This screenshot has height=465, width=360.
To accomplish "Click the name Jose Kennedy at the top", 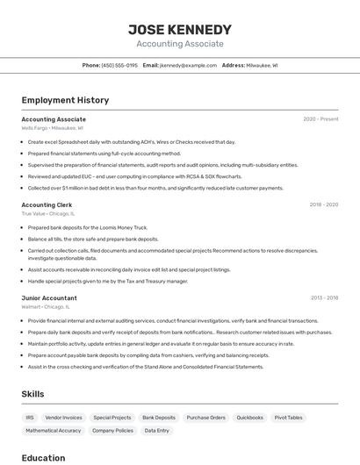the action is pyautogui.click(x=179, y=29).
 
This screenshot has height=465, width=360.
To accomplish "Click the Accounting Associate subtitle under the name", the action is pyautogui.click(x=179, y=44).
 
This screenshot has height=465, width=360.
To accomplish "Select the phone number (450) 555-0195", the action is pyautogui.click(x=119, y=66).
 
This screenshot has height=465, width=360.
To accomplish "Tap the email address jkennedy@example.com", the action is pyautogui.click(x=188, y=66).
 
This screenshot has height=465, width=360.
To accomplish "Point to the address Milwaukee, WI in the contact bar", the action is pyautogui.click(x=262, y=66).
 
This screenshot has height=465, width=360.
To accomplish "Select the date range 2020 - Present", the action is pyautogui.click(x=320, y=118).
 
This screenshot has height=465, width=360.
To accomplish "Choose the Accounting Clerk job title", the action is pyautogui.click(x=47, y=204).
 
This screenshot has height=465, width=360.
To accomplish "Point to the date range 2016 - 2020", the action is pyautogui.click(x=323, y=204).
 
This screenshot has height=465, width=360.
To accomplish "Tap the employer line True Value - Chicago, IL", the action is pyautogui.click(x=48, y=213).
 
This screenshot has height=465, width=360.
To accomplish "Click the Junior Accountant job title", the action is pyautogui.click(x=49, y=298).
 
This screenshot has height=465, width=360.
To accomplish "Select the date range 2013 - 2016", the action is pyautogui.click(x=324, y=298).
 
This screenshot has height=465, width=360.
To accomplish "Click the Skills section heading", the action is pyautogui.click(x=32, y=394).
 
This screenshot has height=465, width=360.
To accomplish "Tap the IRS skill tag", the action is pyautogui.click(x=30, y=418).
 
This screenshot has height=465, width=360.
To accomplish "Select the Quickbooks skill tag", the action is pyautogui.click(x=249, y=418).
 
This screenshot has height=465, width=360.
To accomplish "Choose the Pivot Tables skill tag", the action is pyautogui.click(x=288, y=418).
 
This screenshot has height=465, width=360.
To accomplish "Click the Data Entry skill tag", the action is pyautogui.click(x=157, y=431).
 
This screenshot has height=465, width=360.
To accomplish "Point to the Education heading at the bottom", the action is pyautogui.click(x=43, y=457).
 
